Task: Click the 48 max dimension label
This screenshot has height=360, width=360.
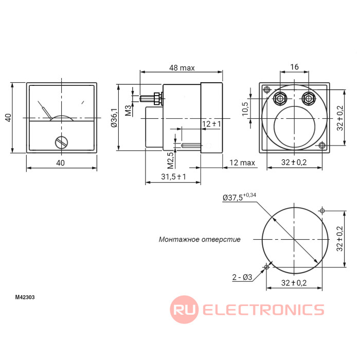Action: (x=182, y=68)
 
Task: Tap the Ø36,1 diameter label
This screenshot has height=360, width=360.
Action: (x=114, y=118)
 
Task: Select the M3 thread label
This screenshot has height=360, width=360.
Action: (x=129, y=111)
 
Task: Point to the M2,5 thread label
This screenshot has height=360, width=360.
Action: (x=170, y=160)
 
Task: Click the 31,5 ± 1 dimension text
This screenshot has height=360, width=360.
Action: (x=174, y=176)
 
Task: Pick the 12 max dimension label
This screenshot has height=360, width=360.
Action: (x=242, y=163)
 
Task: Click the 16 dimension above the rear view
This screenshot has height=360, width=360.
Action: (x=294, y=67)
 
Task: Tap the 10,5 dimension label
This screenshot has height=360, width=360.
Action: (x=245, y=109)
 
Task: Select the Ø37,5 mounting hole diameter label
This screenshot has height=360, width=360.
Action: (x=239, y=197)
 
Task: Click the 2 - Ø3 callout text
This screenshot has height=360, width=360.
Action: (x=242, y=277)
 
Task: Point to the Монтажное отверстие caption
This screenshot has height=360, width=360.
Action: (x=200, y=240)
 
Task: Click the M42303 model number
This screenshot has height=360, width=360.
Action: (x=25, y=297)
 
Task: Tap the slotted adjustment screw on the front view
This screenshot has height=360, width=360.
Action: (x=62, y=142)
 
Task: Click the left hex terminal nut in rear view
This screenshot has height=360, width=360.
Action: (x=280, y=99)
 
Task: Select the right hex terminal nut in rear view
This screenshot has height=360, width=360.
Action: (x=309, y=99)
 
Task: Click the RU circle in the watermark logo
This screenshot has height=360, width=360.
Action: (x=184, y=310)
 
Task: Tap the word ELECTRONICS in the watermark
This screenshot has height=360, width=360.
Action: (x=263, y=310)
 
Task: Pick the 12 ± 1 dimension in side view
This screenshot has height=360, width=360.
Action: (x=211, y=124)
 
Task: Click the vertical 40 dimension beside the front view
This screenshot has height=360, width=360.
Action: (x=8, y=118)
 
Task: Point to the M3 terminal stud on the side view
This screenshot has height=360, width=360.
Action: (x=147, y=99)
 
